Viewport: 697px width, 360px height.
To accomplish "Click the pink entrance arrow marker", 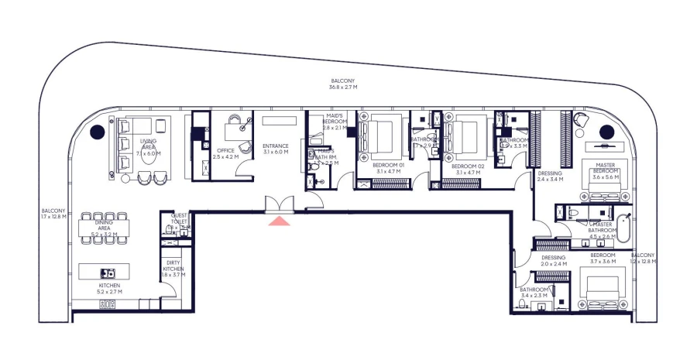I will (x=280, y=221).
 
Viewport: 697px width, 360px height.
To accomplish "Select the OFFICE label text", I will (x=225, y=150).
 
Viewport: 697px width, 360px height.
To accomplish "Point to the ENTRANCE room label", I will (x=275, y=146).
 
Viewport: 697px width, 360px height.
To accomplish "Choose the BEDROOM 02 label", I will (x=468, y=166).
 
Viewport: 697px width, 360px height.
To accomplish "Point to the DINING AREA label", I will (x=104, y=226).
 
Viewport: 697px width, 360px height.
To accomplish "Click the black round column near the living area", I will (x=97, y=132).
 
